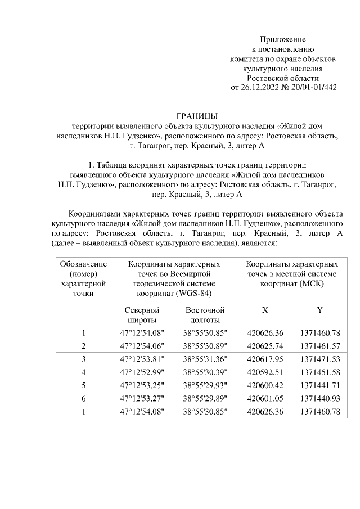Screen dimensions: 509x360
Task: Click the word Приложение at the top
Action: [x=282, y=39]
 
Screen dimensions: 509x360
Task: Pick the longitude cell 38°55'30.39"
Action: [x=205, y=372]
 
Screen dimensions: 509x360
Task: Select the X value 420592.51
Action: [x=265, y=372]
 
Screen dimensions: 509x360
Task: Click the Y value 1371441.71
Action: [x=320, y=386]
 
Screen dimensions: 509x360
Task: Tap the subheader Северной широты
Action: [x=142, y=315]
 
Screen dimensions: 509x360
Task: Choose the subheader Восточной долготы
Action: [x=205, y=315]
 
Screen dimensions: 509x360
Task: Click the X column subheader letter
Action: [x=265, y=310]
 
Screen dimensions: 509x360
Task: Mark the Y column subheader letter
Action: [x=320, y=310]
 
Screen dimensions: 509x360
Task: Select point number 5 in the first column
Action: [x=83, y=386]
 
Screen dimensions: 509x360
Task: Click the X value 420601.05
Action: [x=265, y=399]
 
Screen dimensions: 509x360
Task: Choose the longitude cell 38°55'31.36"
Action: [x=205, y=359]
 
